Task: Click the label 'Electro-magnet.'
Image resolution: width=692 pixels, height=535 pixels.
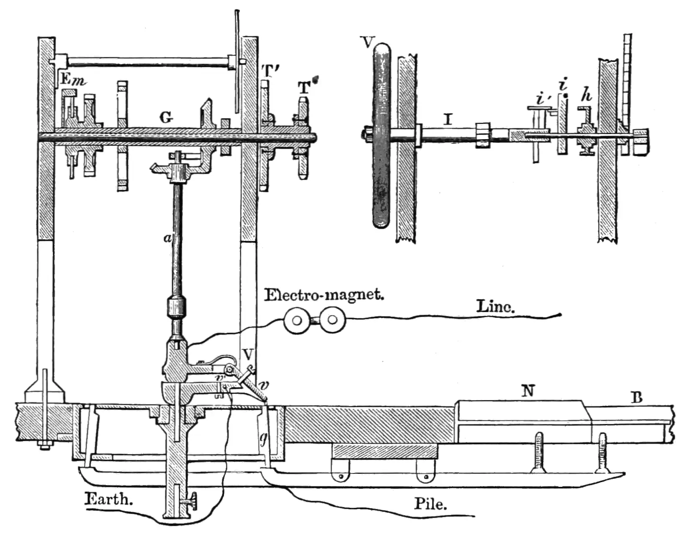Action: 324,295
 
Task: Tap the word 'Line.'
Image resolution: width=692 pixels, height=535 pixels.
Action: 496,307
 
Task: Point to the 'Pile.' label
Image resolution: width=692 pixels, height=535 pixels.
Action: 430,503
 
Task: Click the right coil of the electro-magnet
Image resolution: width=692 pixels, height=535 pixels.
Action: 333,320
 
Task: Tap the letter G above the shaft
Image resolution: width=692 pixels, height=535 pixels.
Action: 166,118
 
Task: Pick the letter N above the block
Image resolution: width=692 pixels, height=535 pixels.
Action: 528,391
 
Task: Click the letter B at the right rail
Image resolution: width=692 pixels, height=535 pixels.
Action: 636,397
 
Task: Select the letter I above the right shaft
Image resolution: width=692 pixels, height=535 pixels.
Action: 448,120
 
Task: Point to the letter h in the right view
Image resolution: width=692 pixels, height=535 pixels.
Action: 587,96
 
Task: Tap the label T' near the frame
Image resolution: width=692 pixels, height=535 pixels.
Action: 270,71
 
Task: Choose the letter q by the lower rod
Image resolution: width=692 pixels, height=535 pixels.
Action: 263,438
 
